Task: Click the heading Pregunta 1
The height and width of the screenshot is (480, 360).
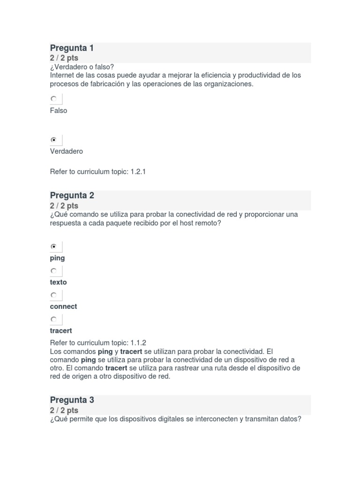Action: (x=72, y=48)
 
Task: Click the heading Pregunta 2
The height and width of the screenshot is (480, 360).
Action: (x=72, y=195)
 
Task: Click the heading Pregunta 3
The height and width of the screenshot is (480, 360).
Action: (x=72, y=400)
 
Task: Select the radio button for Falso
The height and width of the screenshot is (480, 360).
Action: (x=54, y=99)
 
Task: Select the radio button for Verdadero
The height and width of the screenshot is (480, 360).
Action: (x=54, y=140)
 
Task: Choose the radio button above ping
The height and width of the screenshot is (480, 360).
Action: (x=54, y=247)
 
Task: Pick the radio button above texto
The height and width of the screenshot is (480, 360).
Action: (x=54, y=271)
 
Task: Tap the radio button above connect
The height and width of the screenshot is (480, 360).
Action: (x=54, y=295)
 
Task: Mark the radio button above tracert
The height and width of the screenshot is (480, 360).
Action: (x=54, y=320)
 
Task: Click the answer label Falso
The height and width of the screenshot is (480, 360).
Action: (x=59, y=111)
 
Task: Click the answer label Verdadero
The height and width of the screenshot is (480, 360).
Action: (x=67, y=151)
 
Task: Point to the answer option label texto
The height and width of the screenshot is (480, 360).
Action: (x=59, y=282)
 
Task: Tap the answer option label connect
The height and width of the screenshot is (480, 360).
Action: (x=64, y=307)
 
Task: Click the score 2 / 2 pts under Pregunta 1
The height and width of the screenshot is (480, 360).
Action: (x=64, y=58)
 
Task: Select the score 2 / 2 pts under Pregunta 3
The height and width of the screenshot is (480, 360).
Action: (x=64, y=410)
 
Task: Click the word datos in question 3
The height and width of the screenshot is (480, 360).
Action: (x=290, y=419)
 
